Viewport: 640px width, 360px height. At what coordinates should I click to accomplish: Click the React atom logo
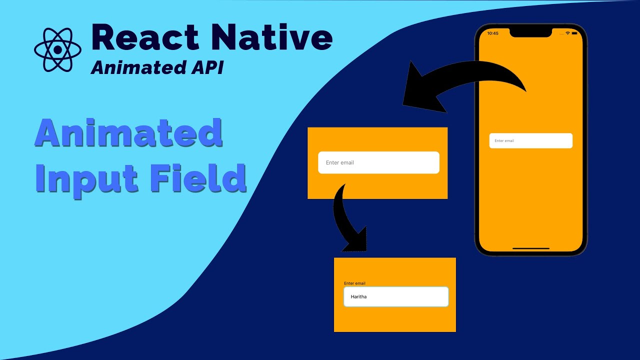[x=57, y=49]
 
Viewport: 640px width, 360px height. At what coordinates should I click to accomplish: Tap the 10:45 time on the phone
[x=492, y=33]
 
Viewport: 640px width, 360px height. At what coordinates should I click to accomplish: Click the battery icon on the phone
[x=574, y=33]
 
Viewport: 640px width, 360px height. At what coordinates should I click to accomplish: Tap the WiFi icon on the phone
[x=567, y=33]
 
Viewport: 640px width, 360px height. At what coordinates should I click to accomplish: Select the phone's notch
[x=530, y=32]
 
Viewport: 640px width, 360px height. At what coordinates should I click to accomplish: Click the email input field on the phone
[x=530, y=140]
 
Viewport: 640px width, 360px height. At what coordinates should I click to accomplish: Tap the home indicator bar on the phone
[x=530, y=248]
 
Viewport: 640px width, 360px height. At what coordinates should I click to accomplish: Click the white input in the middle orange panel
[x=378, y=162]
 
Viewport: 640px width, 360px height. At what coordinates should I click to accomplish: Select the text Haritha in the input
[x=358, y=296]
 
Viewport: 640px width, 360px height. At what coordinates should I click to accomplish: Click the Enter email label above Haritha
[x=354, y=283]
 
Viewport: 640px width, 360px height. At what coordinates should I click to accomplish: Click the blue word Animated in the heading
[x=128, y=134]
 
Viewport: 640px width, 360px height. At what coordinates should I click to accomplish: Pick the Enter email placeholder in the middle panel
[x=340, y=162]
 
